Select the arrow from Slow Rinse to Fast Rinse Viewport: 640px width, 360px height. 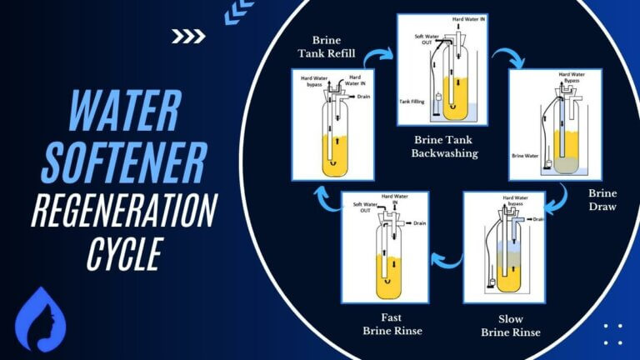(449, 261)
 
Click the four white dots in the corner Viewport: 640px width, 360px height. (612, 334)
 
